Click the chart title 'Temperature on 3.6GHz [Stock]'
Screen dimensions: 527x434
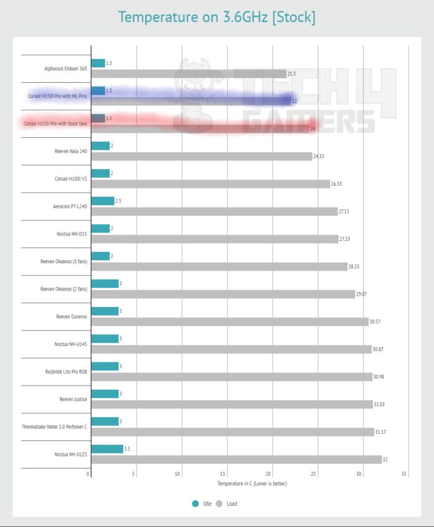[216, 17]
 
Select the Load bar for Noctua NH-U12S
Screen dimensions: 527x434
[236, 460]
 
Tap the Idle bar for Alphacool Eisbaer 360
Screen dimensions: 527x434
[98, 63]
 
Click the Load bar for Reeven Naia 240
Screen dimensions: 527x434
[201, 156]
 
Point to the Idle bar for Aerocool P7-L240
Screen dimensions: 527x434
[103, 201]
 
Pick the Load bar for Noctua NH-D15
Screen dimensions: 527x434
[215, 239]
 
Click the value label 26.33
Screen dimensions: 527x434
[339, 184]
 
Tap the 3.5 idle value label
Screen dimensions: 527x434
[128, 449]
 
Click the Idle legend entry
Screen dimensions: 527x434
[202, 503]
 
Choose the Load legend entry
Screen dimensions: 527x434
[226, 503]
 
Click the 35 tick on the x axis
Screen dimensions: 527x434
[404, 474]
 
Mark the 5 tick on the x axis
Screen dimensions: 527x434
[133, 474]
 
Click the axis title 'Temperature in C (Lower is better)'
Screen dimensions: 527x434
[251, 483]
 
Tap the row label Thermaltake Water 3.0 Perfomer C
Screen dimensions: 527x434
[55, 427]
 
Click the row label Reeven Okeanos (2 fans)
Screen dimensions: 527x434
[64, 289]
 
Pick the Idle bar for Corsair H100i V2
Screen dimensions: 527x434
[100, 173]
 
